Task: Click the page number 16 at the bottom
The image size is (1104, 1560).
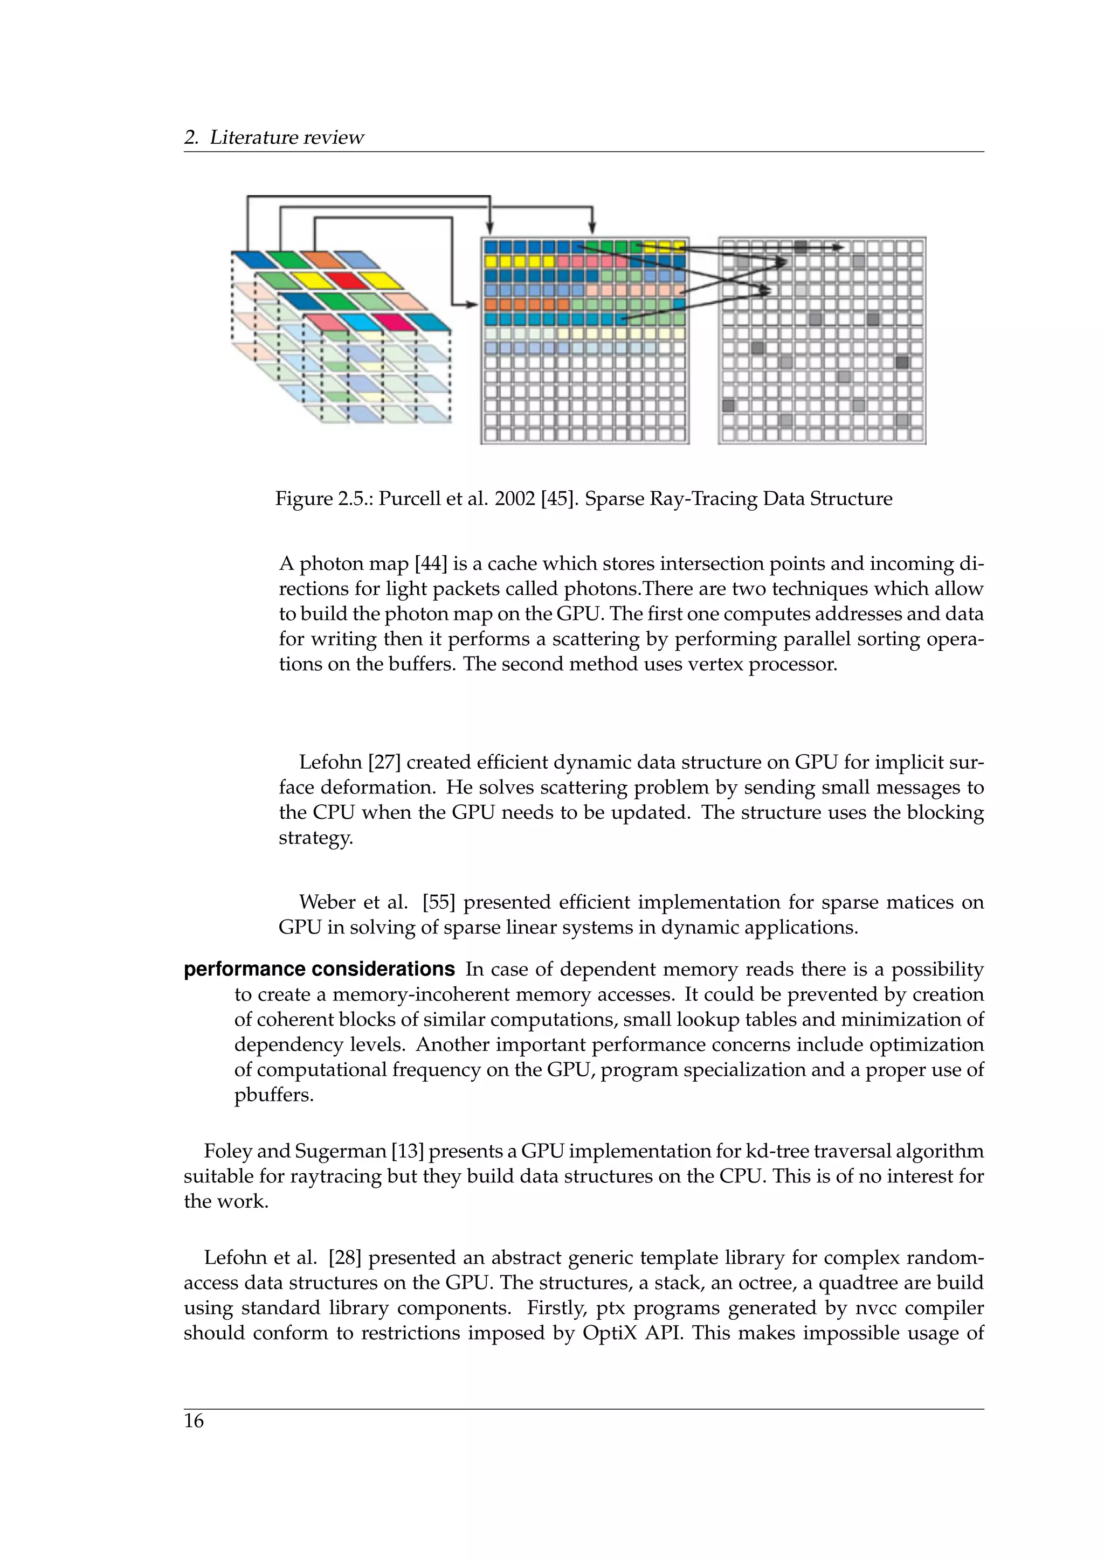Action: [x=194, y=1420]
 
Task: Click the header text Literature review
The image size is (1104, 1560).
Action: [x=286, y=137]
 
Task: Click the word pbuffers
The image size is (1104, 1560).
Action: [x=274, y=1095]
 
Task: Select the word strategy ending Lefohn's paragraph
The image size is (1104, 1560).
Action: [x=315, y=838]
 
